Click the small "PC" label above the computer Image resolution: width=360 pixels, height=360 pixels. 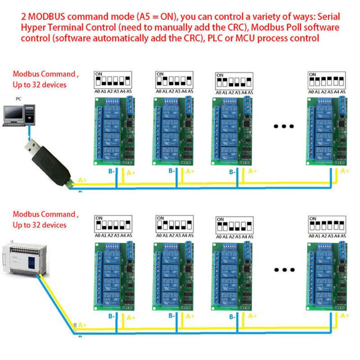18,98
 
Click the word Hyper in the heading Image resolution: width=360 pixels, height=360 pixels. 32,28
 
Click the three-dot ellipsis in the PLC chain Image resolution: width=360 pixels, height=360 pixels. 284,270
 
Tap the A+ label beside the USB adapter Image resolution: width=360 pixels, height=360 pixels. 83,180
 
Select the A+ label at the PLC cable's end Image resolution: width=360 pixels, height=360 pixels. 82,325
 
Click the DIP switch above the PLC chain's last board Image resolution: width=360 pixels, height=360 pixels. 327,223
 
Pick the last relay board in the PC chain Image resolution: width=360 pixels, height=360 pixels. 327,130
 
